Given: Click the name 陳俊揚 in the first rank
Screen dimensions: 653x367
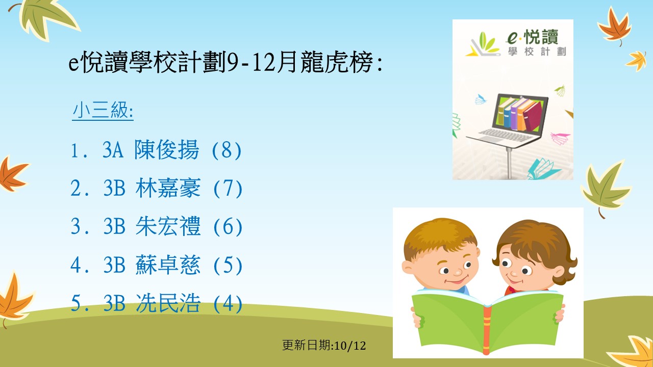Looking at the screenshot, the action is click(x=167, y=150).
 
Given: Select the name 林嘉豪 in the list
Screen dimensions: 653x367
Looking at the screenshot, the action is click(x=168, y=188).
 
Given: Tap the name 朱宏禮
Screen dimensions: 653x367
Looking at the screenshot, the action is click(x=168, y=226).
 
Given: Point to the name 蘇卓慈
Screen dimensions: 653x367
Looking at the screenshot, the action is click(x=168, y=265).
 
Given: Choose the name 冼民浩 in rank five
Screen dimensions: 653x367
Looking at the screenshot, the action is click(x=168, y=303).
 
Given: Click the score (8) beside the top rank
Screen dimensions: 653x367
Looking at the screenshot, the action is click(x=227, y=150).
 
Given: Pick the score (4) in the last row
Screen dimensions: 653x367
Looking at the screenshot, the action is click(x=228, y=303).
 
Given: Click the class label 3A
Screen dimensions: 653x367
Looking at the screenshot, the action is click(x=113, y=150).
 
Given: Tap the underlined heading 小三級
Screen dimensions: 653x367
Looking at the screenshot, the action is click(x=103, y=111).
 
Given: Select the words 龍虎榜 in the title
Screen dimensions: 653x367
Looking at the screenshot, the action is click(x=337, y=62).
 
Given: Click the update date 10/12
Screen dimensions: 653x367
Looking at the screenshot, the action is click(x=350, y=346).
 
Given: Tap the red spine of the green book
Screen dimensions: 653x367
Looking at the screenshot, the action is click(x=487, y=329).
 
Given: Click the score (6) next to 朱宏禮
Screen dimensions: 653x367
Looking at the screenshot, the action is click(x=228, y=227).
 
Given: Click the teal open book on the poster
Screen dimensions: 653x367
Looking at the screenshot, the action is click(x=543, y=169).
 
